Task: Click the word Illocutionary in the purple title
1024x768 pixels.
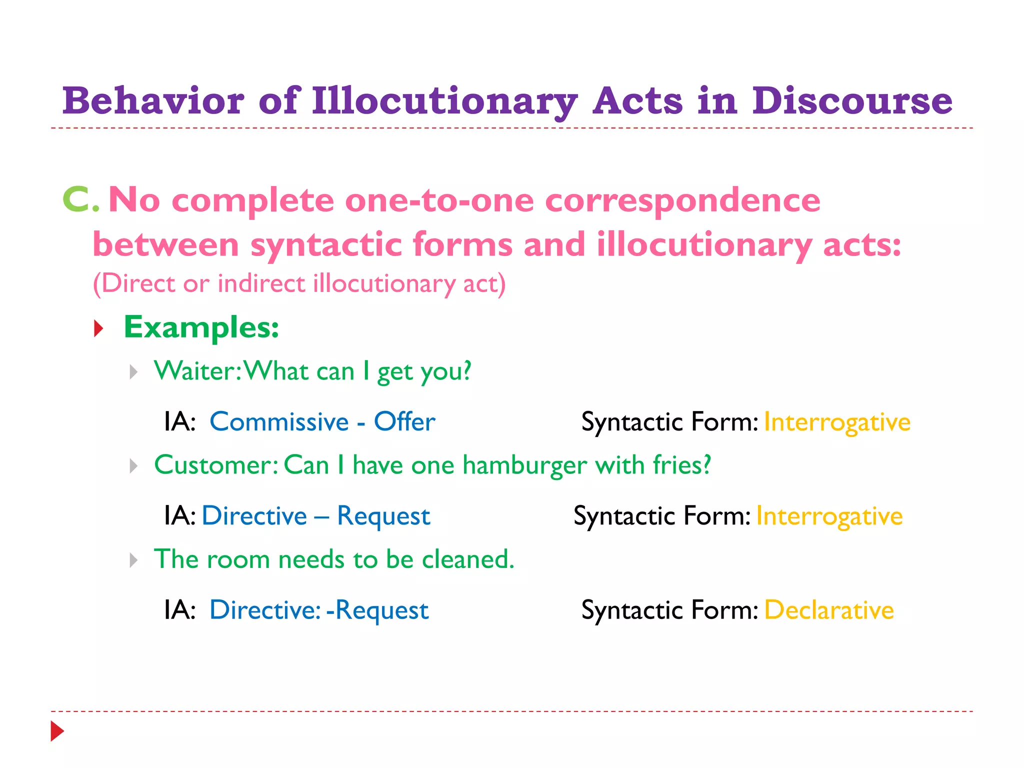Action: [444, 101]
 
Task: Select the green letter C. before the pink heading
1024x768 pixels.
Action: [80, 199]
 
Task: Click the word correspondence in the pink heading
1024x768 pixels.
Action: [682, 200]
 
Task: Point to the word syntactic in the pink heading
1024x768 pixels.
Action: [326, 245]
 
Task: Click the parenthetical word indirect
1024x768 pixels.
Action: [261, 283]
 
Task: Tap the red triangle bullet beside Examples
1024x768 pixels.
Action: [98, 328]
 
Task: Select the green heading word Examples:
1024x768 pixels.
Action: [201, 327]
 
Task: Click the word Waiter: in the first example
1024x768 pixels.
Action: [198, 371]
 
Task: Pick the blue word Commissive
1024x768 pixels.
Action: [279, 421]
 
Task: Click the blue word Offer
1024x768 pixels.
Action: [404, 421]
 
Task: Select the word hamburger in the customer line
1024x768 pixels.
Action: [524, 465]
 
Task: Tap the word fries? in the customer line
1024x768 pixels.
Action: [682, 465]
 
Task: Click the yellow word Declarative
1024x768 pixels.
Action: [828, 610]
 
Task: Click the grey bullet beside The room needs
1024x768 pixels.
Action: [133, 560]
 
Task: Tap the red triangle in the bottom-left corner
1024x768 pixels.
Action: [57, 731]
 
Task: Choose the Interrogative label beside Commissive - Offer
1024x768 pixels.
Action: [837, 422]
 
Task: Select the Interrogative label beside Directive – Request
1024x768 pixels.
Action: [829, 516]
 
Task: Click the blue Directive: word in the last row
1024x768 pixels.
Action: [265, 610]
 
